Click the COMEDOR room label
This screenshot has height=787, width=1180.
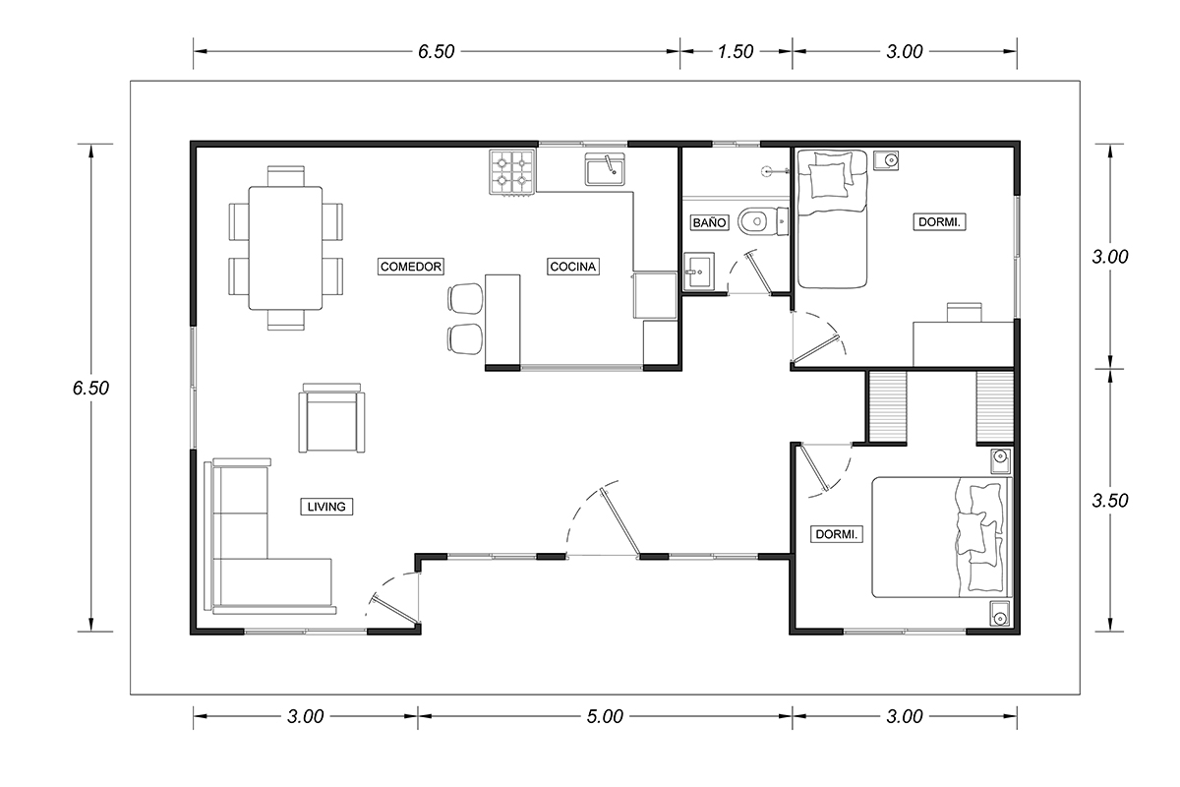(x=411, y=267)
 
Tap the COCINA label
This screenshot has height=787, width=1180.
(x=572, y=267)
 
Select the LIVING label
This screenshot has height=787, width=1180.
(x=326, y=507)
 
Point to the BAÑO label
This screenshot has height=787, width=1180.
(x=709, y=222)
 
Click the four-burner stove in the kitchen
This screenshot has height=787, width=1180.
(x=512, y=172)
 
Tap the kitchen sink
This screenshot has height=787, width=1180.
(x=605, y=169)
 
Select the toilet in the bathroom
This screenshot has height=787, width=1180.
(x=763, y=222)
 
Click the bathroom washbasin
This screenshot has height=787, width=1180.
(x=699, y=272)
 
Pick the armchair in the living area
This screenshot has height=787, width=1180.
(x=332, y=417)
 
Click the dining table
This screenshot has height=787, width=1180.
(x=285, y=248)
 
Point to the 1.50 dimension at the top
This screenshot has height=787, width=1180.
(x=736, y=52)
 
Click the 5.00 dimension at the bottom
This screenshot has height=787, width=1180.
(x=605, y=716)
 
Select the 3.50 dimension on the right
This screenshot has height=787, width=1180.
(x=1110, y=501)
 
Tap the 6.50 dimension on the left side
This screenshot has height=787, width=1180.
(x=90, y=388)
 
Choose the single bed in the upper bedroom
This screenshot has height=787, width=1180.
(x=832, y=219)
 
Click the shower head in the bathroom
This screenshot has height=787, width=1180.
(x=775, y=171)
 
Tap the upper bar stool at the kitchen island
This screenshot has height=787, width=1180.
(x=466, y=299)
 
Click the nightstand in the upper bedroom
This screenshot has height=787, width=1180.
(x=886, y=159)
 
